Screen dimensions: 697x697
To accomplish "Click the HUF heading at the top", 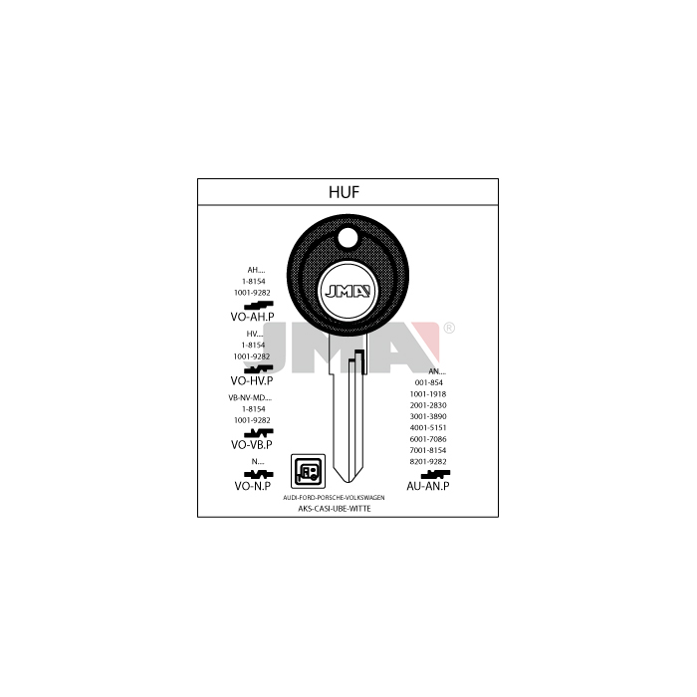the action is coord(344,192).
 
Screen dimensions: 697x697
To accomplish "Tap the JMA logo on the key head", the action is coord(348,291).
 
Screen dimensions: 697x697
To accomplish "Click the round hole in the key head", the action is coord(348,238).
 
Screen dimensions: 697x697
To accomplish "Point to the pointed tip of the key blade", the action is coord(348,483).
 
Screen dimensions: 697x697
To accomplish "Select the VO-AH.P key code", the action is coord(252,317).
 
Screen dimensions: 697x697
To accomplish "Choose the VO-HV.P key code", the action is coord(252,380).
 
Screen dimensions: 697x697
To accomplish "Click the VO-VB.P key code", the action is coord(252,444).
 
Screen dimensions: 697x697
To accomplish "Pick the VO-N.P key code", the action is coord(253,486).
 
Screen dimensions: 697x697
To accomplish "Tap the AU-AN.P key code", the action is coord(427,486).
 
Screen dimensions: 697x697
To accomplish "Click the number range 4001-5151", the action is coord(428,427).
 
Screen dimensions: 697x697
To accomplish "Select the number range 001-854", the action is coord(428,382).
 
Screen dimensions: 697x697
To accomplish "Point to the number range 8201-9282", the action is coord(428,461).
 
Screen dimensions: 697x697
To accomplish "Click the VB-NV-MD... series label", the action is coord(250,398).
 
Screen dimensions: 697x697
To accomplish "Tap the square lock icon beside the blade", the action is coord(308,471).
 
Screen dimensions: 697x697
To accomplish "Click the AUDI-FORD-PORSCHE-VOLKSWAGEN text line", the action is coord(334,498).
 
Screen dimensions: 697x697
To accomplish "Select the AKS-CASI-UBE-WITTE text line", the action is coord(335,509).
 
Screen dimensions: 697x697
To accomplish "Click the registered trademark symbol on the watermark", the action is coord(449,328).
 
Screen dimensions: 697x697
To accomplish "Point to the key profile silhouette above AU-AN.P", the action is coord(435,474).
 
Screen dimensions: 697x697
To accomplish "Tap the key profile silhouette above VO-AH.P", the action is coord(258,305).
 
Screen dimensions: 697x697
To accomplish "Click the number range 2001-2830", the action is coord(428,405).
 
